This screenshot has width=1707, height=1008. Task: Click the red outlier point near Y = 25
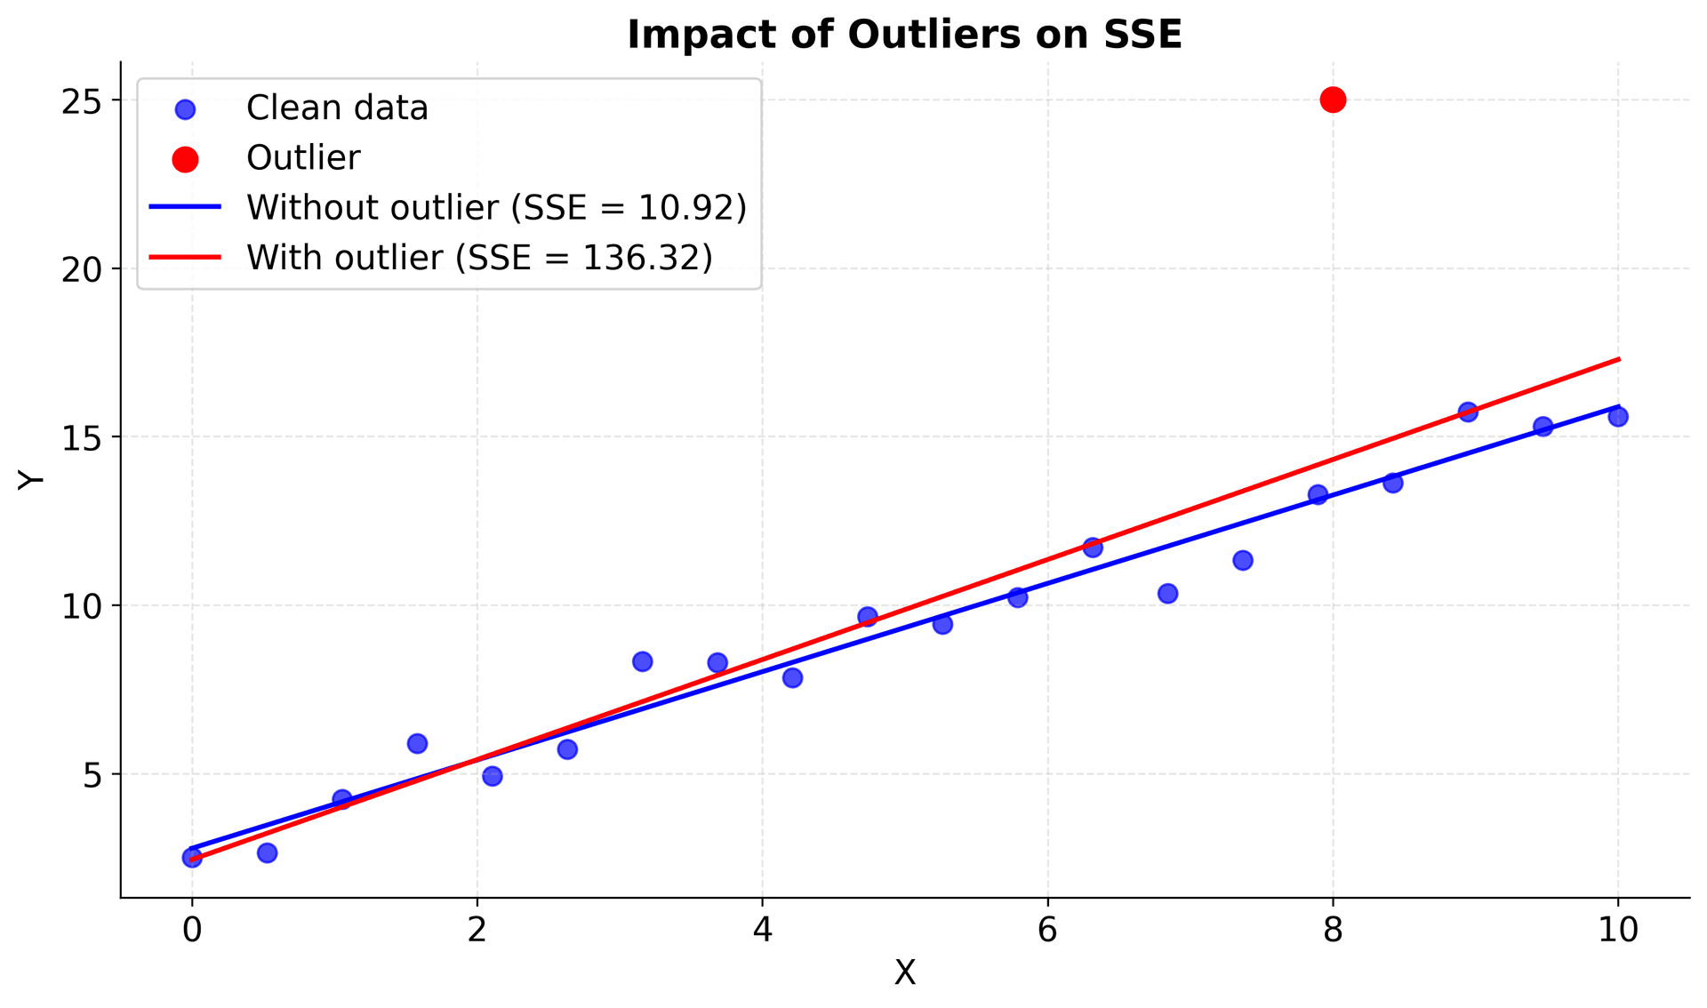(1332, 100)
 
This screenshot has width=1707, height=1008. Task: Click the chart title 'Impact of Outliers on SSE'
(904, 36)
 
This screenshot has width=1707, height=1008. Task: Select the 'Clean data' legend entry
(337, 108)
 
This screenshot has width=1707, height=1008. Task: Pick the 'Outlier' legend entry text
(303, 158)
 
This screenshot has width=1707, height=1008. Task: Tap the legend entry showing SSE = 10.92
(496, 207)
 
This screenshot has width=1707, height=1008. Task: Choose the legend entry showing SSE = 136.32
(479, 258)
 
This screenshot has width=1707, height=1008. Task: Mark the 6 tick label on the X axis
(1047, 930)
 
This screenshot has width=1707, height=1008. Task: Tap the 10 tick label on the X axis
(1617, 930)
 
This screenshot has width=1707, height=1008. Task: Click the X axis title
(904, 973)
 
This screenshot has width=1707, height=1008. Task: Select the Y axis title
(31, 479)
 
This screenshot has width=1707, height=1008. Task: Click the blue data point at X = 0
(192, 857)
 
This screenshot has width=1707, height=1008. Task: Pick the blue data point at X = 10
(1617, 416)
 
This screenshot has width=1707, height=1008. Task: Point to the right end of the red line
(1618, 359)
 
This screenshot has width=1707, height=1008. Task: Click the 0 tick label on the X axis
(192, 930)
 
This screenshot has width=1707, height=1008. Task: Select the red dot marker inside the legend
(185, 159)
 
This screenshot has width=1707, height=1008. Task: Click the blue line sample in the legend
(185, 207)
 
